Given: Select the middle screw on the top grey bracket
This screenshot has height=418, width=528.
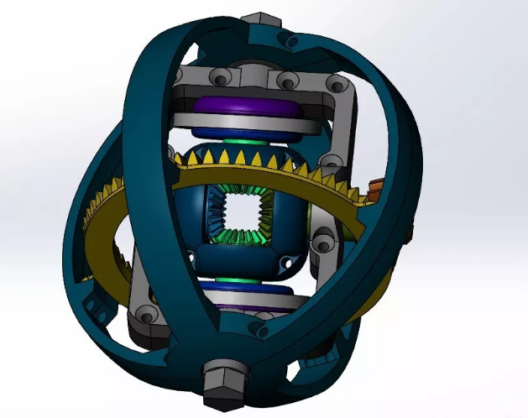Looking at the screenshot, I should pyautogui.click(x=286, y=81).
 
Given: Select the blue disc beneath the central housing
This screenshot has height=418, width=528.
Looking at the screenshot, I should pyautogui.click(x=243, y=293).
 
